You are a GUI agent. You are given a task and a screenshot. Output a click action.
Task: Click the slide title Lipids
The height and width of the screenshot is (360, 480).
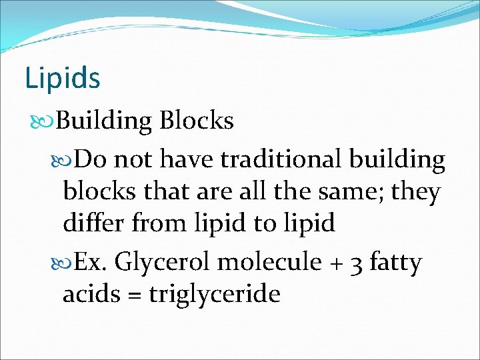click(x=62, y=77)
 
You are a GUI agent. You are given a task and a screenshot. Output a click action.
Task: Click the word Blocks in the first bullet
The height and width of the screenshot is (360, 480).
click(x=197, y=121)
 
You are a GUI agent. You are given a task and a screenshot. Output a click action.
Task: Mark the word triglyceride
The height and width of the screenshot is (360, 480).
click(x=215, y=294)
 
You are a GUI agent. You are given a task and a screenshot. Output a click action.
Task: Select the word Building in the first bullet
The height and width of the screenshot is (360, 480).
click(x=105, y=121)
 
